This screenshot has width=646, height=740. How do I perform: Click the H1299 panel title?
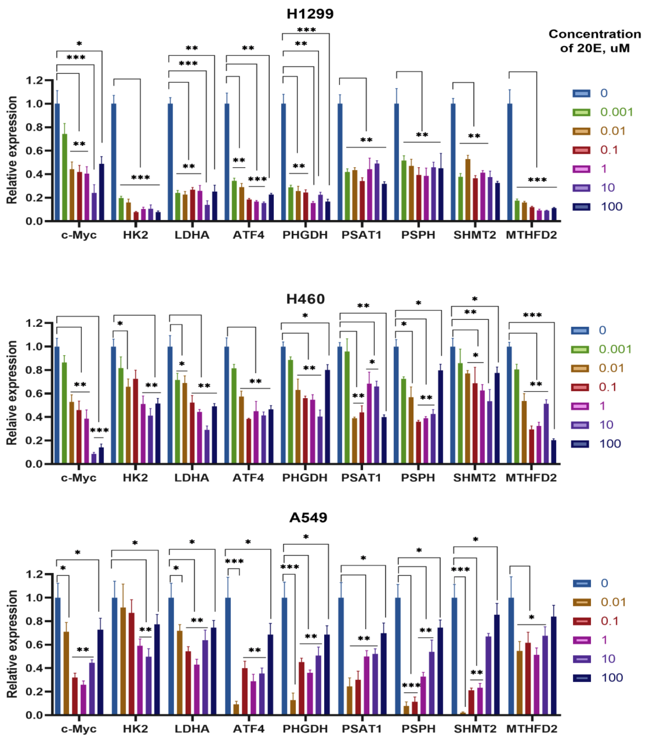click(310, 14)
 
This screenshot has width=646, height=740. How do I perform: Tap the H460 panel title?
click(305, 299)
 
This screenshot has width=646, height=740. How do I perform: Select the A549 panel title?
click(308, 517)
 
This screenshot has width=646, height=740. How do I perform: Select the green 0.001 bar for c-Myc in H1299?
click(65, 177)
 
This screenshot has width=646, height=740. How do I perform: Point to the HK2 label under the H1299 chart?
click(136, 235)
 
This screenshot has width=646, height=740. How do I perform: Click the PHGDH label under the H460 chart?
click(305, 478)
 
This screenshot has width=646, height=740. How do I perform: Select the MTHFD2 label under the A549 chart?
click(532, 729)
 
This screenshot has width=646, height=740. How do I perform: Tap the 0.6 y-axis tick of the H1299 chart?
click(34, 151)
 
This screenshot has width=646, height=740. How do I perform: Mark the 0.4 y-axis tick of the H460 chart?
click(34, 417)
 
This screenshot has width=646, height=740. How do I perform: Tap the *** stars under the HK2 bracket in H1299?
click(140, 178)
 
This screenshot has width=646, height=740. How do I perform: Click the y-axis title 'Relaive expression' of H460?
click(12, 393)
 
